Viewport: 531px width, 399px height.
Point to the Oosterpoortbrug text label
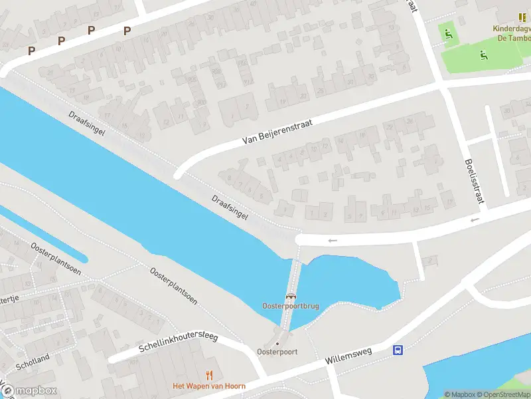point(291,306)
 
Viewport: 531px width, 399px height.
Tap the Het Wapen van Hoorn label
point(209,386)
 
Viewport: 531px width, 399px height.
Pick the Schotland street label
point(33,362)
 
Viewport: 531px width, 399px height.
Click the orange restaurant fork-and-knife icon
point(210,375)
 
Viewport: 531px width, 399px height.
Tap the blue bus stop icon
point(398,350)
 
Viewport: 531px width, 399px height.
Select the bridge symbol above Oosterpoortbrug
point(291,296)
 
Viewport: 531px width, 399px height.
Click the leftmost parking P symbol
point(31,51)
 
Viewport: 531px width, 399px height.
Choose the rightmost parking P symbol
point(127,30)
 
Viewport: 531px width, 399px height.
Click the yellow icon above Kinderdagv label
point(522,17)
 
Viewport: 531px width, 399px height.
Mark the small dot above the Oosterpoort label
point(277,344)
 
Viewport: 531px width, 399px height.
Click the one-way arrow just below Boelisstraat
point(475,220)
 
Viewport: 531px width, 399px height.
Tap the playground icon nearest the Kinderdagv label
point(448,34)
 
